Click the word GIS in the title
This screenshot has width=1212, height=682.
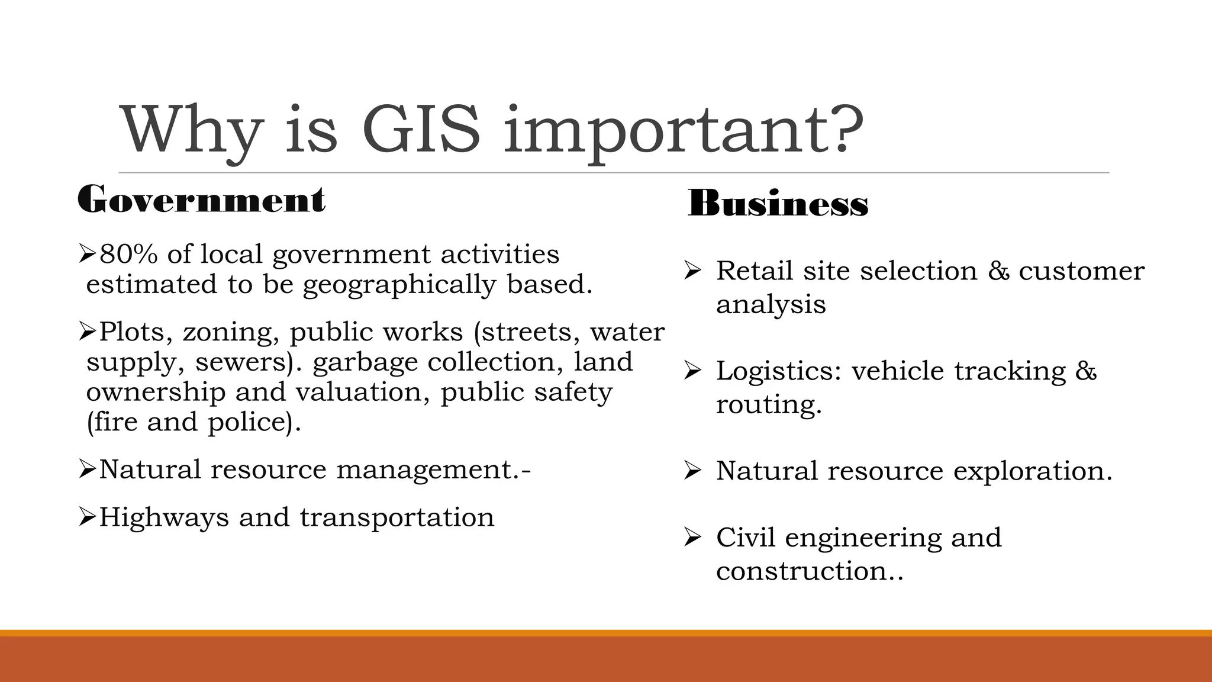[x=421, y=129]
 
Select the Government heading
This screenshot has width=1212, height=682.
[x=201, y=200]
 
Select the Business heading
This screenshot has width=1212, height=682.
[x=778, y=204]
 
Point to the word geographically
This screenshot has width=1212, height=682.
[x=399, y=285]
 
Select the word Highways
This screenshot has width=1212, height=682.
[x=163, y=517]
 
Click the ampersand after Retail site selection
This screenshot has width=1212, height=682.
[x=998, y=271]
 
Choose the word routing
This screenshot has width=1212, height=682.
[x=768, y=405]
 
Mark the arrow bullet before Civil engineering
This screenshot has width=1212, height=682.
[x=692, y=538]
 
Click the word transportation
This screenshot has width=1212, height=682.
[x=397, y=517]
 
